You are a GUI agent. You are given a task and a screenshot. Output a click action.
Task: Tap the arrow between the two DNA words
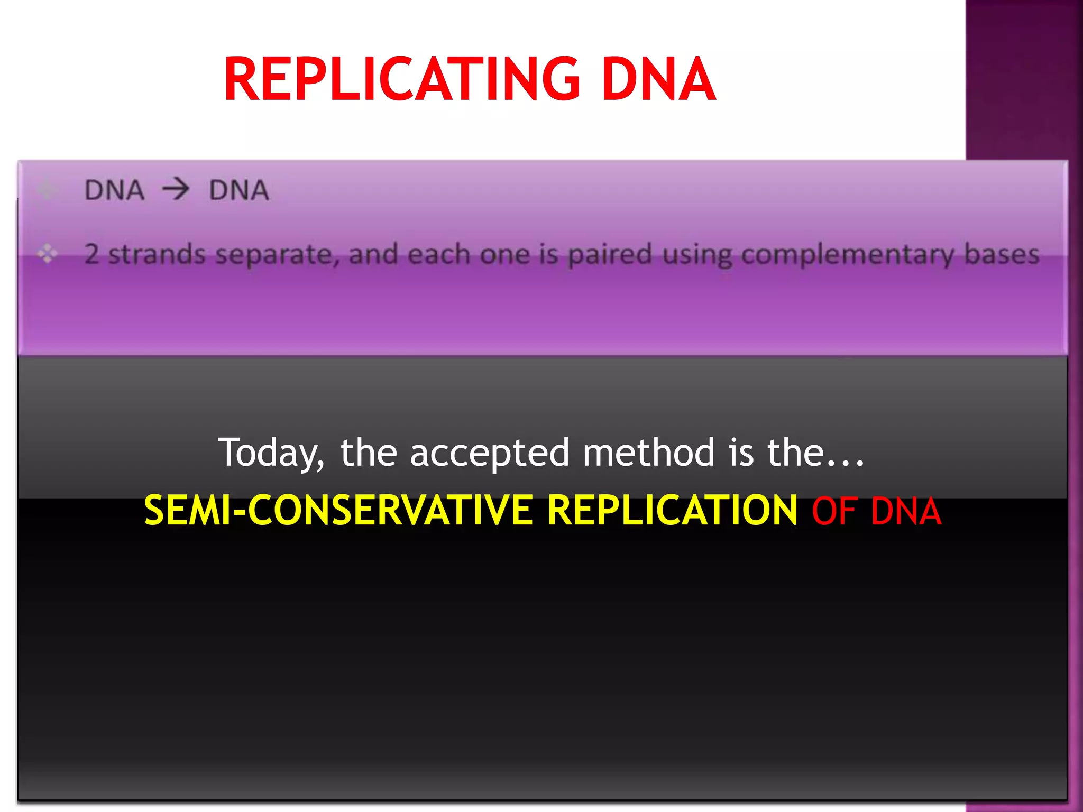(176, 189)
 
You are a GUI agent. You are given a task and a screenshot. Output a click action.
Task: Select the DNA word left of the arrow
(114, 190)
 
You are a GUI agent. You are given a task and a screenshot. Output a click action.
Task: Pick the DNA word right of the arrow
(239, 190)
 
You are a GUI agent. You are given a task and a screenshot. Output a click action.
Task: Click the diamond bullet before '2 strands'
(47, 254)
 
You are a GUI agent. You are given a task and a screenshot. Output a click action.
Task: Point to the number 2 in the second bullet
(91, 254)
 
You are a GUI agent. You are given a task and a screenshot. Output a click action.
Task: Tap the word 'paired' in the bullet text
(610, 255)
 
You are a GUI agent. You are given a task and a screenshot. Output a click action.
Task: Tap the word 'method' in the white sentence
(648, 453)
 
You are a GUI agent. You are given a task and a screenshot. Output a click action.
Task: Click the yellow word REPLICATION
(672, 510)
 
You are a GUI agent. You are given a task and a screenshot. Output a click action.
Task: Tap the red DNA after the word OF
(906, 511)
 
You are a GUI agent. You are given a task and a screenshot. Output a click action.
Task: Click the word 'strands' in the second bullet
(157, 254)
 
